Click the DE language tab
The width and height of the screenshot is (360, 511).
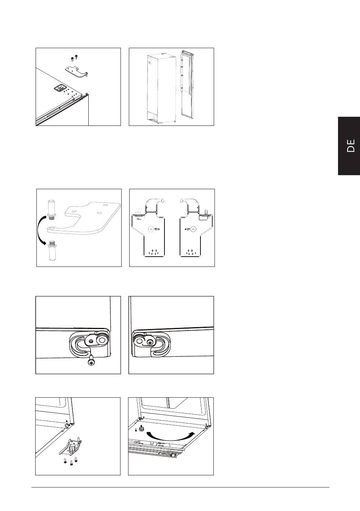pyautogui.click(x=349, y=146)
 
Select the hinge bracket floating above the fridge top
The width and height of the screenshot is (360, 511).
pyautogui.click(x=77, y=72)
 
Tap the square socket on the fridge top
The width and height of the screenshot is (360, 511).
pyautogui.click(x=59, y=88)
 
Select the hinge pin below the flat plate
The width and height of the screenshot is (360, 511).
pyautogui.click(x=52, y=250)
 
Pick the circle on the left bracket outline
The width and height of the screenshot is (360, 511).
pyautogui.click(x=151, y=229)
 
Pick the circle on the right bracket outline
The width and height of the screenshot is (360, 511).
pyautogui.click(x=193, y=229)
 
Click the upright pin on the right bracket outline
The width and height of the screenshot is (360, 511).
pyautogui.click(x=207, y=212)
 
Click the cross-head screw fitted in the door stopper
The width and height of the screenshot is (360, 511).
pyautogui.click(x=150, y=342)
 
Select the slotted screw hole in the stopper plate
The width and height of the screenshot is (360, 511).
pyautogui.click(x=91, y=341)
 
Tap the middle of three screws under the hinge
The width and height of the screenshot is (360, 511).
pyautogui.click(x=71, y=462)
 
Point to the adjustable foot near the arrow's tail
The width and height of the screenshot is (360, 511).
pyautogui.click(x=141, y=429)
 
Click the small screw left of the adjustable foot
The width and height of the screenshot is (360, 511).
pyautogui.click(x=136, y=430)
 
